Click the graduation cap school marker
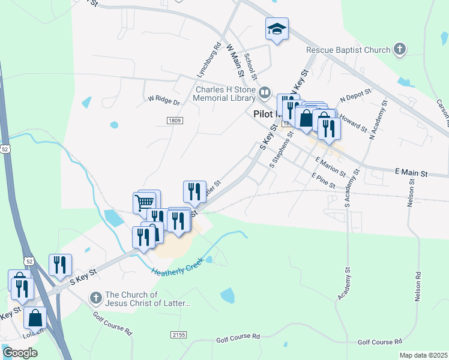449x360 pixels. [277, 29]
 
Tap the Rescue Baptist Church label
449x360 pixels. [348, 50]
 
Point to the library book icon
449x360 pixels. [265, 93]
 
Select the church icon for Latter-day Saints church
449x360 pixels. [95, 298]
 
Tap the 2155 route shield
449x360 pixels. [178, 334]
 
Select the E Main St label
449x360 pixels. [411, 173]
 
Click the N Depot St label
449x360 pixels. [355, 95]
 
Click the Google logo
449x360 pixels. [20, 352]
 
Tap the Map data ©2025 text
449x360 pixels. [423, 355]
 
